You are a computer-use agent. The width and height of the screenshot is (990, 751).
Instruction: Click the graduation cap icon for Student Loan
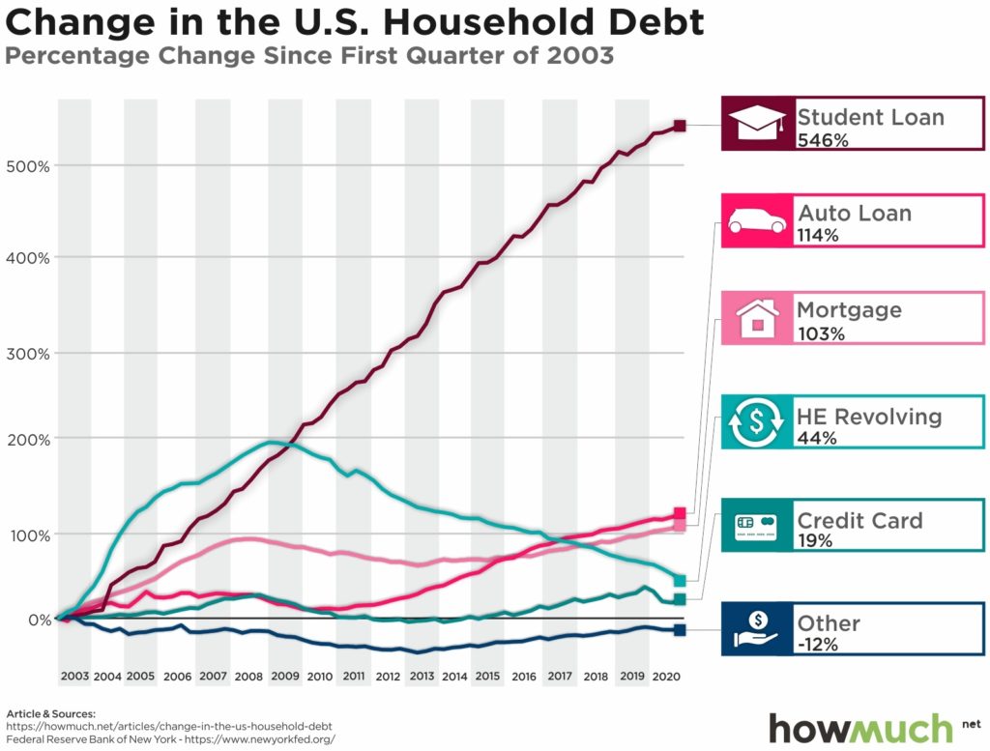tap(757, 124)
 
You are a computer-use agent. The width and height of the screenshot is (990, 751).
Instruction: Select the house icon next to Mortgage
tap(757, 317)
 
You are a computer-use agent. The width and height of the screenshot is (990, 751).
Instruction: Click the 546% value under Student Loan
tap(822, 141)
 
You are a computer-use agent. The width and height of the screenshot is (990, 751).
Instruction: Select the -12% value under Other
tap(818, 645)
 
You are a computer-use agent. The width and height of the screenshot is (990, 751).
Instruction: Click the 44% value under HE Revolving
tap(817, 438)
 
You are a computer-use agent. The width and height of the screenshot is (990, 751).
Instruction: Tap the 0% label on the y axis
tap(40, 620)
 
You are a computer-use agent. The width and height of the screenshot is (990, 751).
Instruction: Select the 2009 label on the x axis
tap(284, 676)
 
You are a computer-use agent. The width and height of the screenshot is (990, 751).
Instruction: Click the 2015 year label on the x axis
tap(487, 676)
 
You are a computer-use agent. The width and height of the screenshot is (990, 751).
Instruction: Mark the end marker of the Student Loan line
tap(680, 127)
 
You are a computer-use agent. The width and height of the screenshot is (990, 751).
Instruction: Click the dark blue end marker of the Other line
tap(680, 630)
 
